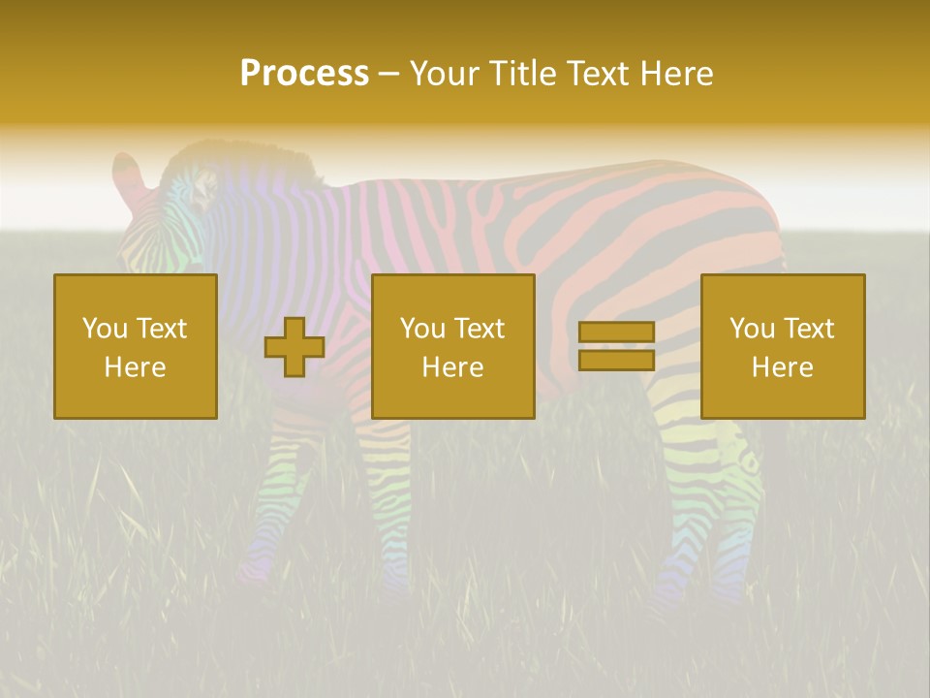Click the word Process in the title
coord(304,74)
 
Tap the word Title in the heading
coord(523,74)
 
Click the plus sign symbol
coord(294,347)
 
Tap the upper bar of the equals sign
coord(616,333)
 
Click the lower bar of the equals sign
coord(616,361)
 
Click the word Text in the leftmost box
coord(161,329)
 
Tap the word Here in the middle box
coord(453,367)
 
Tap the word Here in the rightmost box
coord(783,367)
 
